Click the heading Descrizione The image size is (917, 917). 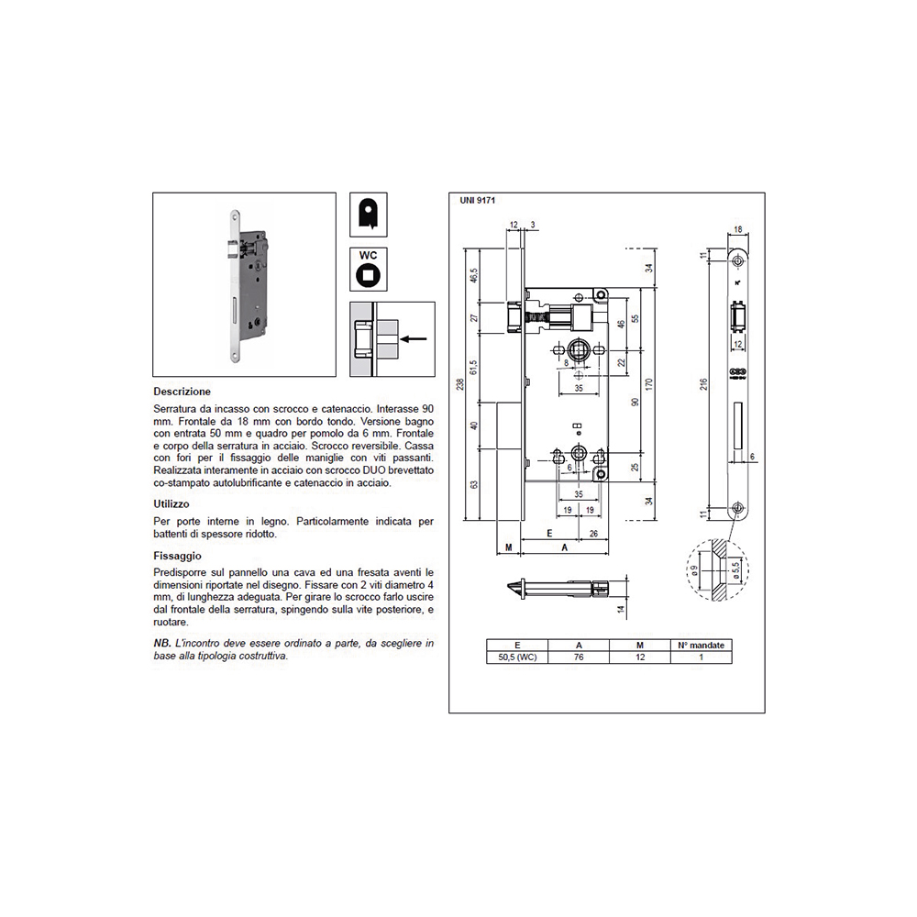(182, 392)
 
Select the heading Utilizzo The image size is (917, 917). (171, 503)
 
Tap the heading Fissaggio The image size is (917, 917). (177, 556)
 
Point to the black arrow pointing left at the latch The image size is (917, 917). (415, 338)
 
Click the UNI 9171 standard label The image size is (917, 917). (478, 199)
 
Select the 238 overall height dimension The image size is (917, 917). (459, 385)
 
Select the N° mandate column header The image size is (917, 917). (702, 645)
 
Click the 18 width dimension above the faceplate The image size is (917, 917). (738, 230)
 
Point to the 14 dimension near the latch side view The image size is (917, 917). (621, 610)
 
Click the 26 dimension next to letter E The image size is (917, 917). (593, 532)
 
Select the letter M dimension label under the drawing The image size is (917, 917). (507, 547)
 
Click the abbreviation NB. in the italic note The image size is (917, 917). (162, 645)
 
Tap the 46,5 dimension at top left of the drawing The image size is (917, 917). (474, 276)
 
